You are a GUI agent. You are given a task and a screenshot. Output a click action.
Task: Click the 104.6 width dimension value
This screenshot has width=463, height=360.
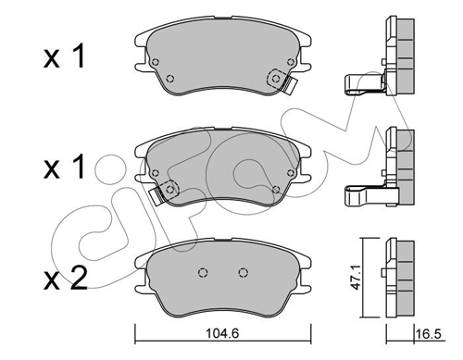222,333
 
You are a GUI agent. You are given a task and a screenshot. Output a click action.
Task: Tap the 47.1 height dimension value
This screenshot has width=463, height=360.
357,279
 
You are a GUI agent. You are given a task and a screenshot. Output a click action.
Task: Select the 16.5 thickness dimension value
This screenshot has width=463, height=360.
429,334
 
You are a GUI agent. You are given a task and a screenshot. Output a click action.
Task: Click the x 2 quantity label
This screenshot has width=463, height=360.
65,279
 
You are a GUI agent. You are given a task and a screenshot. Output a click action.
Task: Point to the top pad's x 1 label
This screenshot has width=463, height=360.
64,56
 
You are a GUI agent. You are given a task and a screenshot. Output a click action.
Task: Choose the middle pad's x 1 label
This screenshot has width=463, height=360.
64,168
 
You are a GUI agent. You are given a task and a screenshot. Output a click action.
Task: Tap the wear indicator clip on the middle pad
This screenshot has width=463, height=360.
164,192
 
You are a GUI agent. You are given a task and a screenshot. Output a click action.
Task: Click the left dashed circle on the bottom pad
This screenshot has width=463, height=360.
203,272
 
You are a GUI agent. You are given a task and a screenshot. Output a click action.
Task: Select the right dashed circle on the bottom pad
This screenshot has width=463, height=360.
244,272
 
